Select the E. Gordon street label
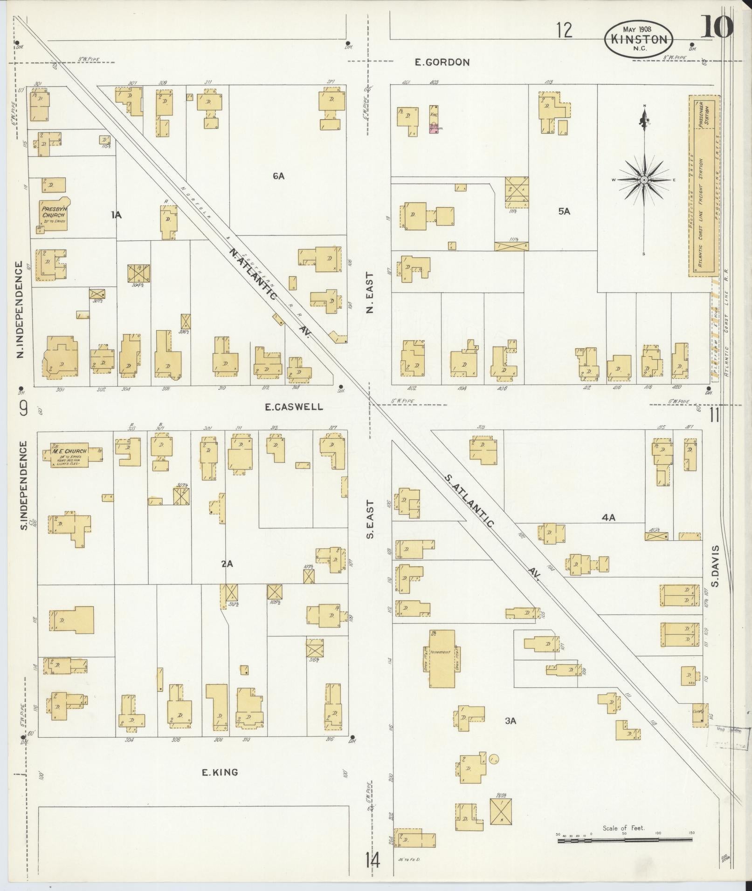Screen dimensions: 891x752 [x=442, y=62]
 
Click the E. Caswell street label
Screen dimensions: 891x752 [x=294, y=407]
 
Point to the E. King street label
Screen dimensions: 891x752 [x=220, y=772]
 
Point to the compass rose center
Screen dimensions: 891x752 [x=644, y=180]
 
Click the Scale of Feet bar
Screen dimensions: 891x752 [x=625, y=841]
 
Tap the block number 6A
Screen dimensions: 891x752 [x=279, y=176]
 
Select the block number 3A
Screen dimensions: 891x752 [x=511, y=734]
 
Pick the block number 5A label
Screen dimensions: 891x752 [x=564, y=211]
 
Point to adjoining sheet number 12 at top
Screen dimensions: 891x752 [x=564, y=31]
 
